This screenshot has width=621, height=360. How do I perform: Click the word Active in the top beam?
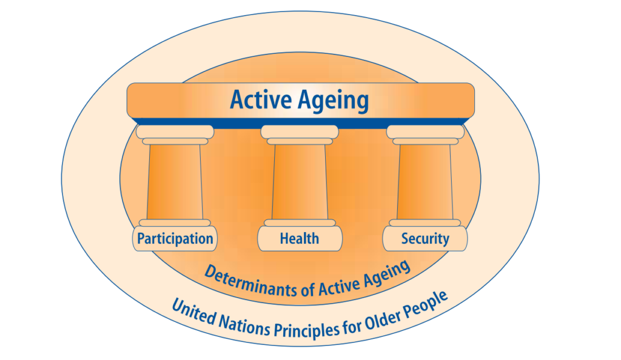tap(259, 99)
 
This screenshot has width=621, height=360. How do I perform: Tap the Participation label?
tap(175, 239)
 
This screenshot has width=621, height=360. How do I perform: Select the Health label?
tap(300, 239)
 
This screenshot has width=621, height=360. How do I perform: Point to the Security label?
tap(425, 239)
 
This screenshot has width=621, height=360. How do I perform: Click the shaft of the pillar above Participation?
tap(175, 182)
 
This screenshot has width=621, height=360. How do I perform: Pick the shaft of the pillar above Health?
tap(300, 182)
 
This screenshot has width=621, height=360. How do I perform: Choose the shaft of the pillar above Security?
tap(425, 182)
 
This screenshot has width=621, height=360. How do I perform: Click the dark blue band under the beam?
tap(300, 122)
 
